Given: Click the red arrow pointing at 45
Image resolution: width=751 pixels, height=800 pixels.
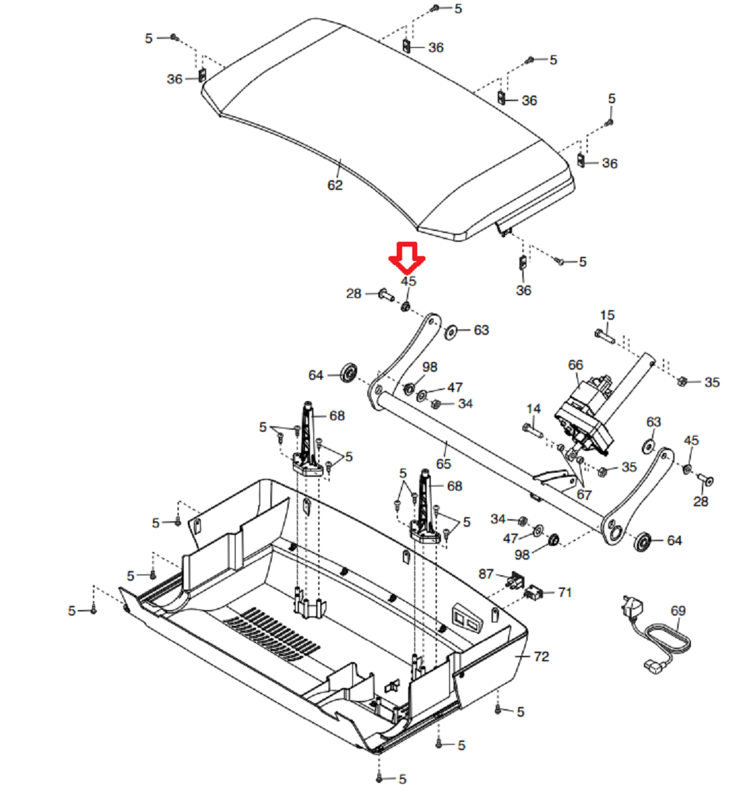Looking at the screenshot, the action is pyautogui.click(x=407, y=258).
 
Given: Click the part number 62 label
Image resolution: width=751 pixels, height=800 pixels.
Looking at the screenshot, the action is pyautogui.click(x=335, y=185).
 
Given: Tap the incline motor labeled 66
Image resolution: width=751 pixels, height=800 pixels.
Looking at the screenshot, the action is pyautogui.click(x=585, y=416).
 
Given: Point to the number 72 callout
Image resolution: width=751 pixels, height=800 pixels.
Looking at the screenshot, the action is pyautogui.click(x=541, y=657).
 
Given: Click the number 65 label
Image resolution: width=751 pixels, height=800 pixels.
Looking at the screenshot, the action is pyautogui.click(x=444, y=464).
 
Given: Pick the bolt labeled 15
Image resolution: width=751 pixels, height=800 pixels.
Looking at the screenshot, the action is pyautogui.click(x=605, y=336).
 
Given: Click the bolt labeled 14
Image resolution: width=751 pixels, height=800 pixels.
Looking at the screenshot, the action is pyautogui.click(x=533, y=430).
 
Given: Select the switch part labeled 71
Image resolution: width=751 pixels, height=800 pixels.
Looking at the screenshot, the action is pyautogui.click(x=533, y=592).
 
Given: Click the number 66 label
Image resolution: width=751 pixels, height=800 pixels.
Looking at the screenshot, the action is pyautogui.click(x=576, y=365).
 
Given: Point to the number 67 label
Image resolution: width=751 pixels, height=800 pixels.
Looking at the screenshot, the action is pyautogui.click(x=584, y=495).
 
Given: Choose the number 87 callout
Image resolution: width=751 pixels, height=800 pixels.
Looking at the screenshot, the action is pyautogui.click(x=486, y=574).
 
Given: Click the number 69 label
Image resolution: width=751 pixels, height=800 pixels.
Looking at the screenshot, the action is pyautogui.click(x=678, y=611).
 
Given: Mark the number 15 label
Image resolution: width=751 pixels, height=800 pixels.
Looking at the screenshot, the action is pyautogui.click(x=607, y=316).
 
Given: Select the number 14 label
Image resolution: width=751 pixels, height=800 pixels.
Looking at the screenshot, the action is pyautogui.click(x=533, y=409).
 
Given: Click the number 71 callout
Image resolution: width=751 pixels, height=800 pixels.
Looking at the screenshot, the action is pyautogui.click(x=565, y=592).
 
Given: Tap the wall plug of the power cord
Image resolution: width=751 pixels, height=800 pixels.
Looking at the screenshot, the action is pyautogui.click(x=632, y=606).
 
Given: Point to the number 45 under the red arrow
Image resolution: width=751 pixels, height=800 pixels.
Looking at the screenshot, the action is pyautogui.click(x=408, y=281).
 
